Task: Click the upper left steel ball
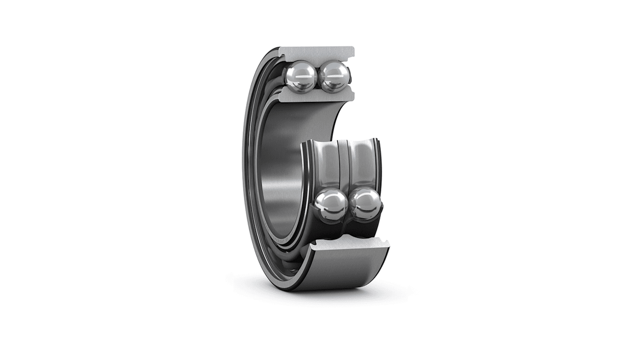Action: click(x=300, y=77)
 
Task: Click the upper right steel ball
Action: click(x=334, y=77)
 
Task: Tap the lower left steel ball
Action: click(x=331, y=205)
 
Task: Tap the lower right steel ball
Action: click(x=366, y=204)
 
